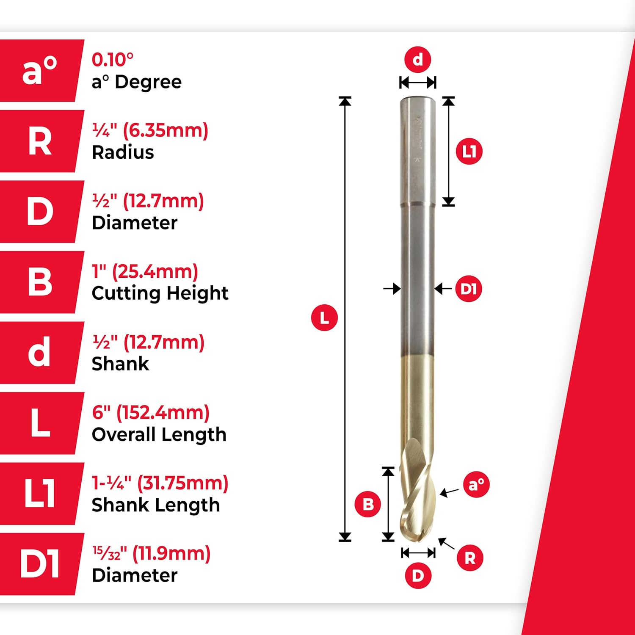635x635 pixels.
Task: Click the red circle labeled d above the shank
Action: click(x=417, y=60)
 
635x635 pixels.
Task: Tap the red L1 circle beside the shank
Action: click(x=469, y=151)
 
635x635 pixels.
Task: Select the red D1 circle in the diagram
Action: click(x=469, y=289)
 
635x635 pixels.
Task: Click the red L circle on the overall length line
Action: click(x=324, y=317)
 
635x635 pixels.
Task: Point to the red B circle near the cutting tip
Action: click(x=368, y=504)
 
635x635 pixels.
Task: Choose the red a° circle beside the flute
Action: click(x=476, y=484)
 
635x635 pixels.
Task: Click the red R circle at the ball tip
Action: click(x=470, y=558)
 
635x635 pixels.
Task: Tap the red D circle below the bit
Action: click(x=418, y=576)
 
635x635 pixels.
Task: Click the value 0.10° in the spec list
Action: click(x=113, y=60)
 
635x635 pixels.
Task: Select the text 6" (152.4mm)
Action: click(x=151, y=412)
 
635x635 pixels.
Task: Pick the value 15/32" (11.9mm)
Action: click(x=151, y=553)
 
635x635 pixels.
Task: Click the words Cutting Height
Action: click(x=160, y=293)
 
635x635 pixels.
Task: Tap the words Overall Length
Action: click(x=159, y=434)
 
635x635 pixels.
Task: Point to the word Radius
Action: click(x=123, y=152)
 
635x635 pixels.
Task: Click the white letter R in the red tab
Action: click(x=40, y=141)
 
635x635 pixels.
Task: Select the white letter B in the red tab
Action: click(x=40, y=282)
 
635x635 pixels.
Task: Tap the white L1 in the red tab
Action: click(x=40, y=494)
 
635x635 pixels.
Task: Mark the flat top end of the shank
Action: click(x=418, y=99)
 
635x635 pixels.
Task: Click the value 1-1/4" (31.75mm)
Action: click(x=160, y=483)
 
